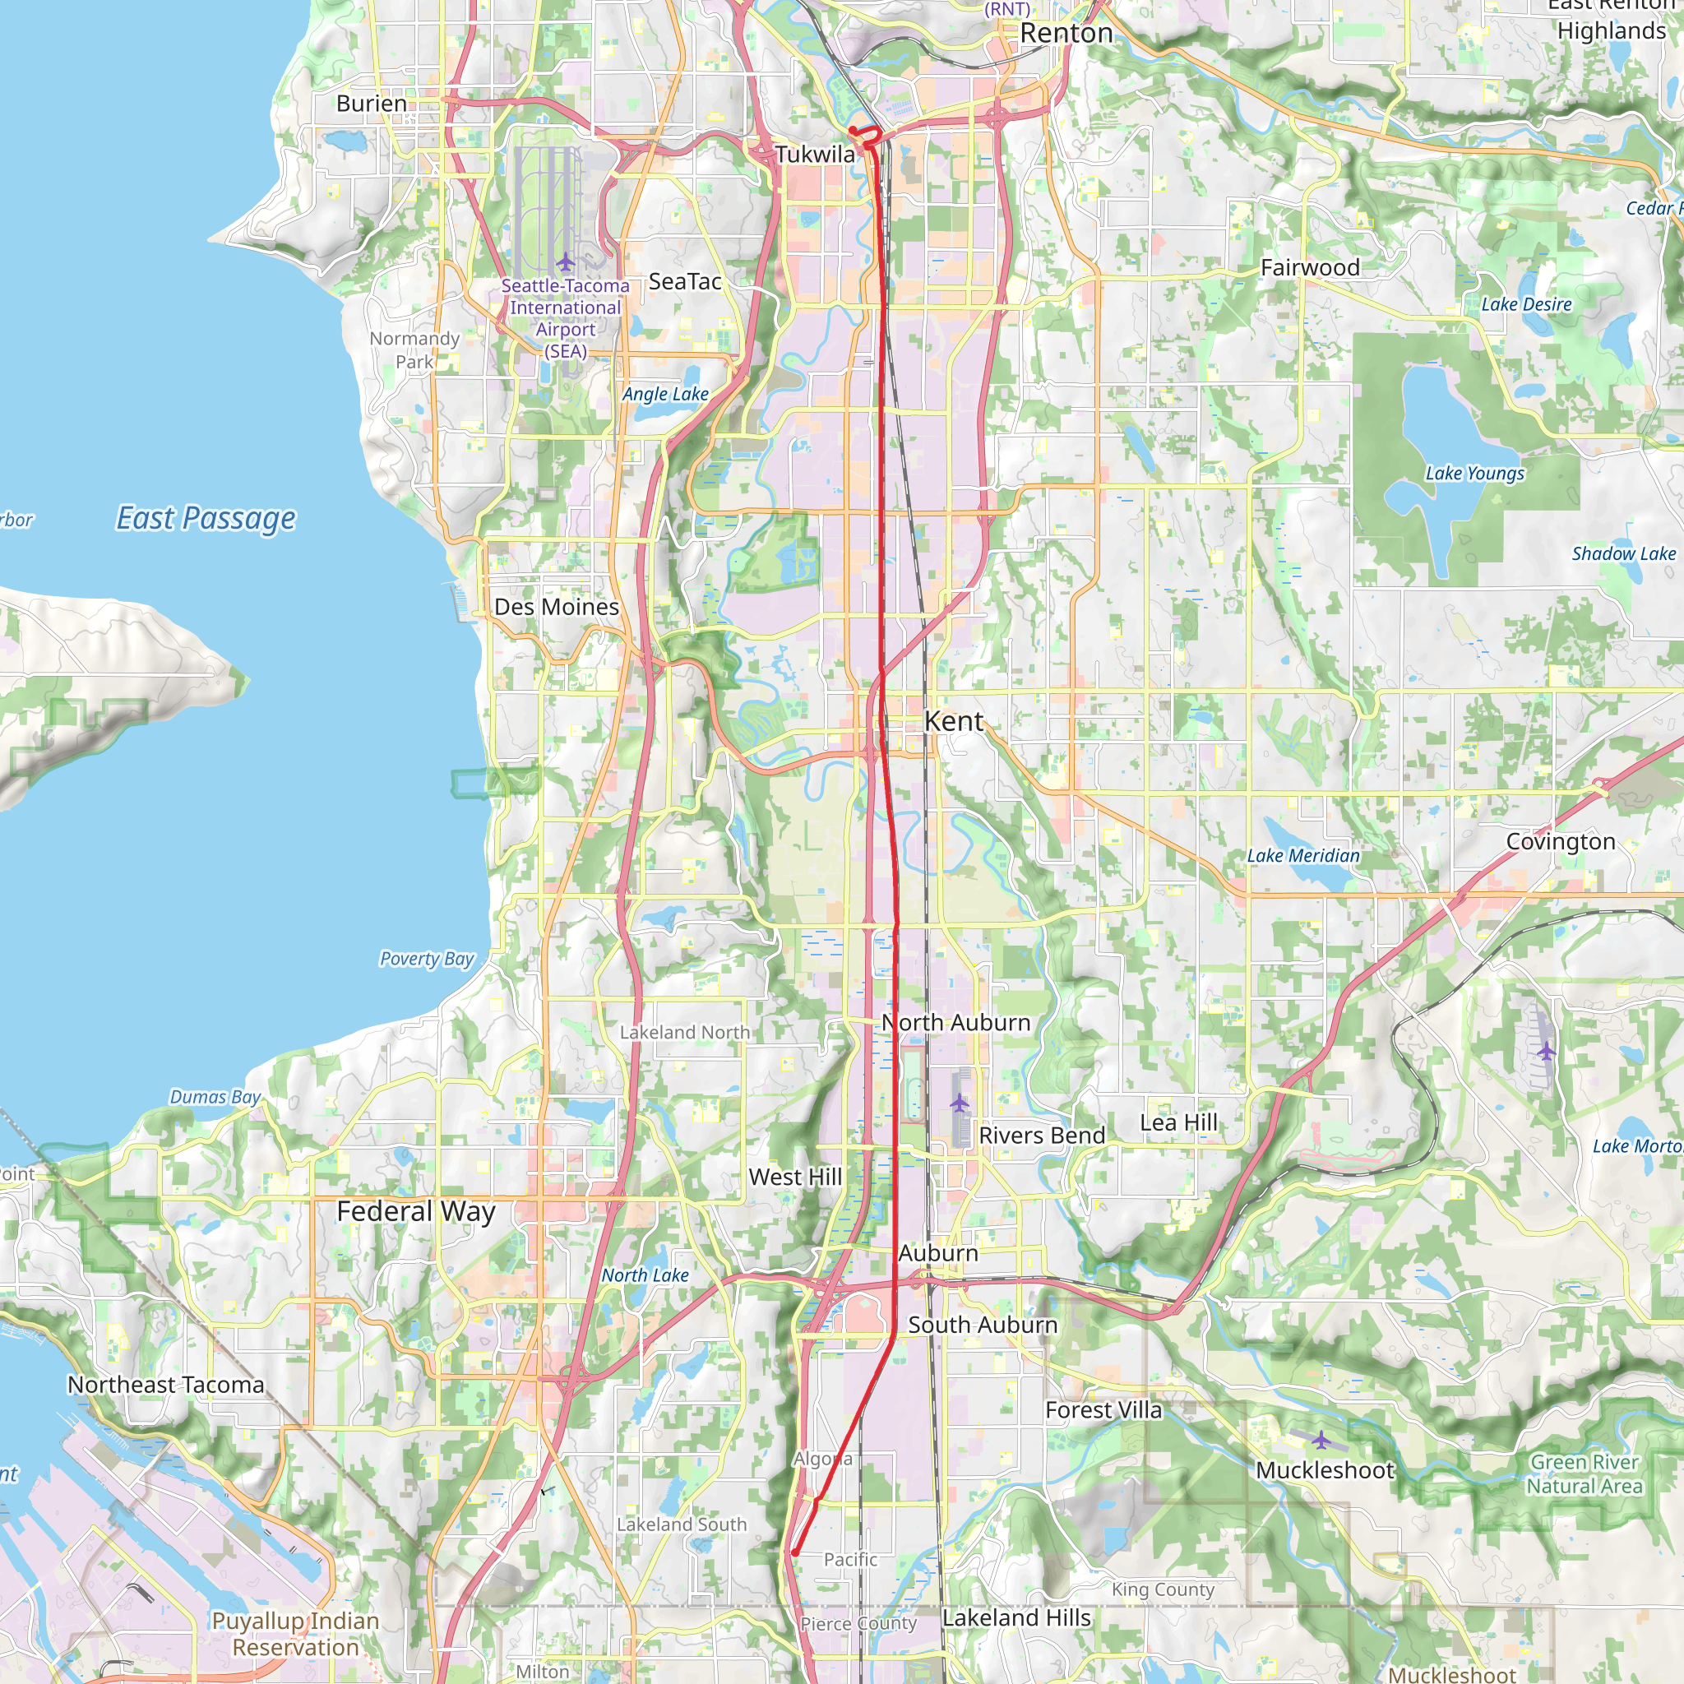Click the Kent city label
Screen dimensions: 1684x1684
pos(954,722)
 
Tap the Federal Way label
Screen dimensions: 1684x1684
pos(416,1211)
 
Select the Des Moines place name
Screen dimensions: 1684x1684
pos(556,607)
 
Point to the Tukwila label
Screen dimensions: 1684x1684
pos(815,155)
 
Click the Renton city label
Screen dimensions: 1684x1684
pos(1066,33)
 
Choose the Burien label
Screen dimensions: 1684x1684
pos(372,103)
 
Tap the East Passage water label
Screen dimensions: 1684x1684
pos(206,518)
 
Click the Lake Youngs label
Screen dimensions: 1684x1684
pos(1475,474)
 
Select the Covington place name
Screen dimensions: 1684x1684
pos(1560,842)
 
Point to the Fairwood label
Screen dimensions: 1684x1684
pos(1310,267)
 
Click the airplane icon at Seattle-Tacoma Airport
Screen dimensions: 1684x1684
pos(566,261)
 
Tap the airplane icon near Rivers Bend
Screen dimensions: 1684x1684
pos(960,1104)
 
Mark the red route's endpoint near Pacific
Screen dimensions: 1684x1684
pos(795,1552)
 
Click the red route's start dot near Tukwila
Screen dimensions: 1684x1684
pos(852,131)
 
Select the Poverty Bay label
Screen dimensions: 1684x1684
pos(426,959)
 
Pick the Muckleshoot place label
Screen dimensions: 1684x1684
pos(1325,1470)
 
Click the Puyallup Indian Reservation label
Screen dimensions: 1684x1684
pos(295,1635)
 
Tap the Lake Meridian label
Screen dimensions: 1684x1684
pos(1303,856)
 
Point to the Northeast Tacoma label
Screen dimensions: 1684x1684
pos(165,1385)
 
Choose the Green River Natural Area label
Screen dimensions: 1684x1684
pos(1584,1474)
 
